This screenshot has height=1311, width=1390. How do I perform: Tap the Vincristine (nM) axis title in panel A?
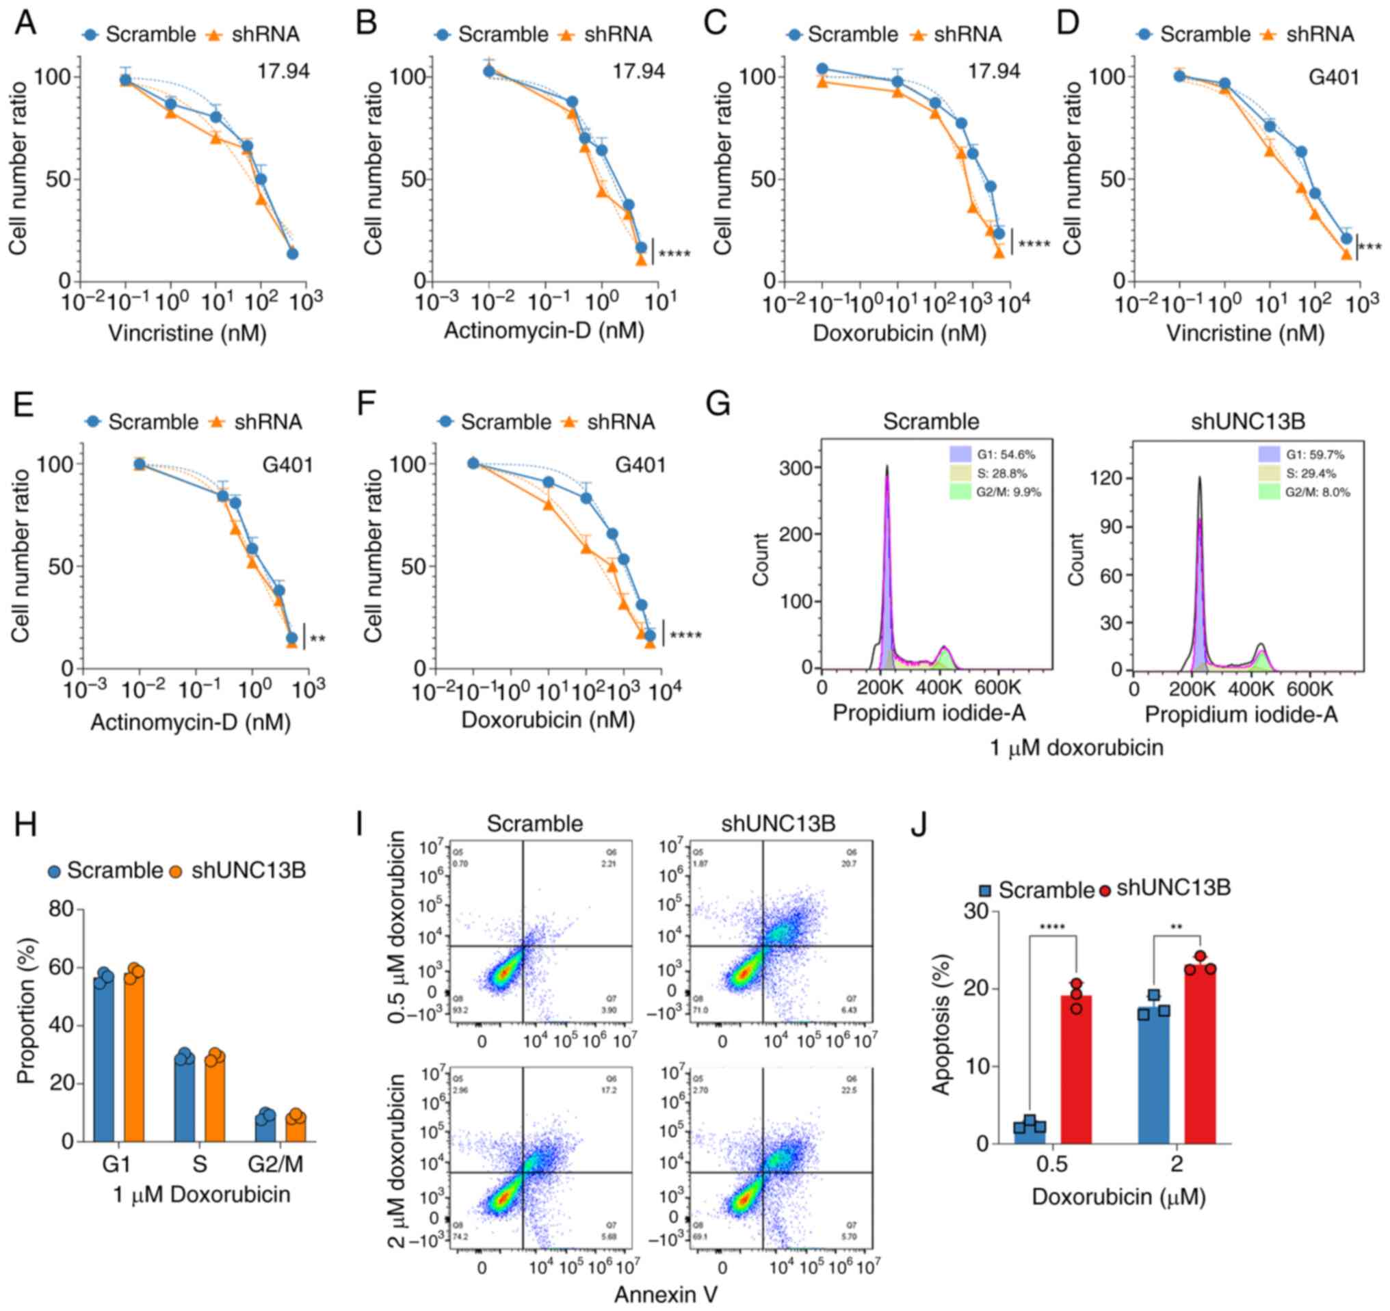pos(187,333)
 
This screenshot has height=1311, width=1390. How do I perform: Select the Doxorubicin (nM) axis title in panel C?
pos(899,333)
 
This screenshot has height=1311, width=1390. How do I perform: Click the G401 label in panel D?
pos(1333,77)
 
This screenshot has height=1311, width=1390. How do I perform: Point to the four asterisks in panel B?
pos(674,254)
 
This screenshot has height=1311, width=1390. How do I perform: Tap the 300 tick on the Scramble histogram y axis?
pos(795,468)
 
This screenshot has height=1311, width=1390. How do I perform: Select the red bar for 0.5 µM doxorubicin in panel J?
pos(1076,1069)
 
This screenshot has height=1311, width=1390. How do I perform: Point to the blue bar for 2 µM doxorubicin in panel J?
pos(1154,1076)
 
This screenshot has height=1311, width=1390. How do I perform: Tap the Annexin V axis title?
pos(666,1295)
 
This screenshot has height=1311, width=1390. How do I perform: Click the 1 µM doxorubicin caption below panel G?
pos(1076,748)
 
